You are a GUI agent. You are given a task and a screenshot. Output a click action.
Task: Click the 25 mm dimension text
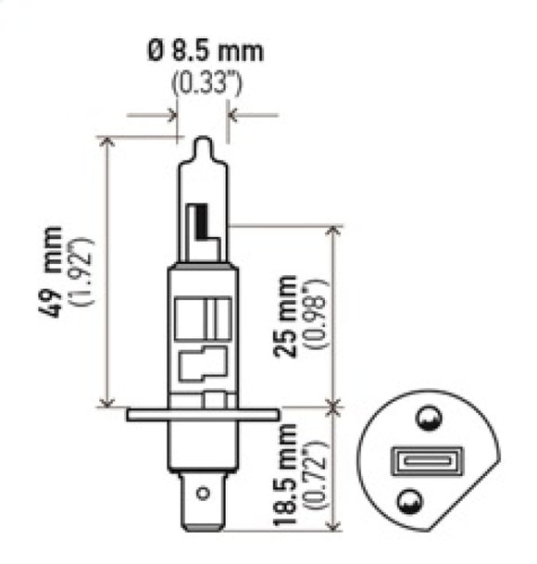click(x=289, y=315)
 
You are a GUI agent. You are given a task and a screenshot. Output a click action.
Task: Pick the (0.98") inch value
click(x=319, y=315)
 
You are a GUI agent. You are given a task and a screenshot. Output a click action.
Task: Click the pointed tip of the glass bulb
click(x=203, y=144)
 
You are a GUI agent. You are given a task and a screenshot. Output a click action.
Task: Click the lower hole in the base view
click(x=408, y=503)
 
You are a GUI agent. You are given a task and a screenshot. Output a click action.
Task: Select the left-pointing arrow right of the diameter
click(x=235, y=116)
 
